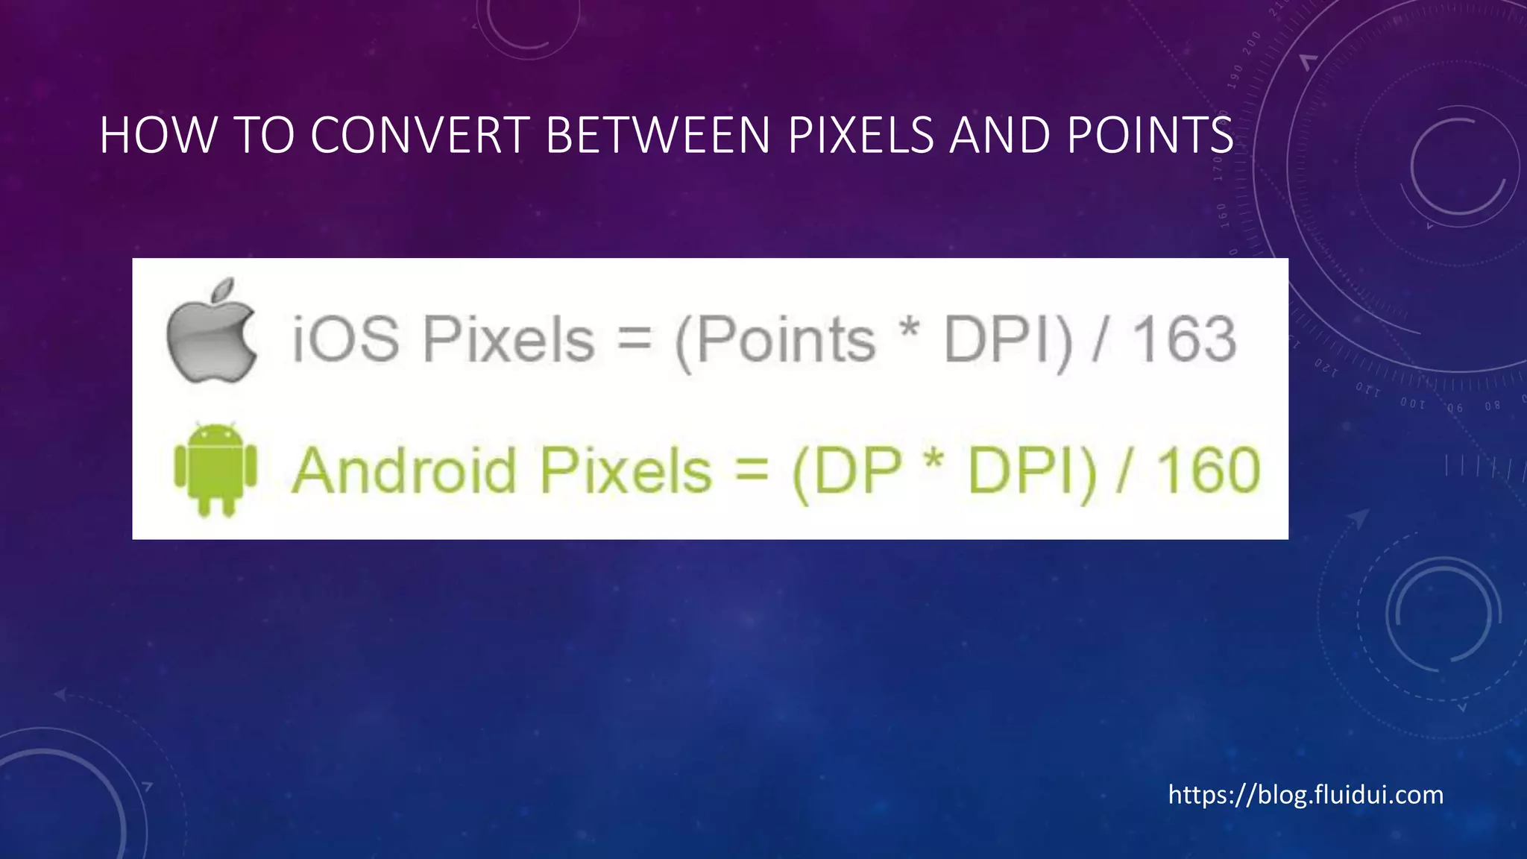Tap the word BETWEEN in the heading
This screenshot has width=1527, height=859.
658,136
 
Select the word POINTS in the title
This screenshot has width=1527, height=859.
1150,136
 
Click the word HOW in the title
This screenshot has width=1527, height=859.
157,136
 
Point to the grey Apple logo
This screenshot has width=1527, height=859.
212,332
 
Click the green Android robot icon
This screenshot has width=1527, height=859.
215,469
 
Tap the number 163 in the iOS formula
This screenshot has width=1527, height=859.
1185,339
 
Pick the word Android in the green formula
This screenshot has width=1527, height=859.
404,471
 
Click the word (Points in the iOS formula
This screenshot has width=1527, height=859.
775,341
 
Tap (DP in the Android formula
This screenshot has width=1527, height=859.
846,472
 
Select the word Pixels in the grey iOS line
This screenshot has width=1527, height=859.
509,339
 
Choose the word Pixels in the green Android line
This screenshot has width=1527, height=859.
626,471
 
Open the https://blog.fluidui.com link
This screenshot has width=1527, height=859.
1305,795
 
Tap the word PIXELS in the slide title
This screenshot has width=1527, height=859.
860,136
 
